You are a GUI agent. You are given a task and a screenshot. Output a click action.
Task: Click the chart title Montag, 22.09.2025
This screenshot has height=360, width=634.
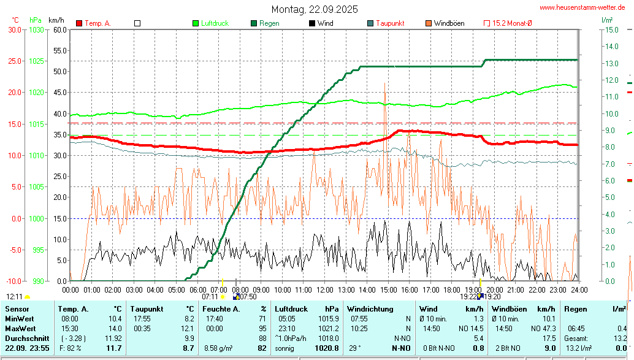pos(315,10)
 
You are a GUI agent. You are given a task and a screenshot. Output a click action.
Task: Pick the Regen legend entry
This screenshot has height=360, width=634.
pos(269,23)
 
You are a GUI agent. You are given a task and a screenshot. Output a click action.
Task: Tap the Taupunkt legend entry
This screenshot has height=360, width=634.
pos(389,23)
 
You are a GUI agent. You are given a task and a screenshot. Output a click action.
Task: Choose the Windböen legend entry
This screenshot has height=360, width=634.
pos(448,23)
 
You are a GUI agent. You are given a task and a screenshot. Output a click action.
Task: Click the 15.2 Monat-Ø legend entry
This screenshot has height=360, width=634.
pos(512,23)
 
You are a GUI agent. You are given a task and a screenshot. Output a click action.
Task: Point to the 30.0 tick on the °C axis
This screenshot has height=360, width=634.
pos(14,29)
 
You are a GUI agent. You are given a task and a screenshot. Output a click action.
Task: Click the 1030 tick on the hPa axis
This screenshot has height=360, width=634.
pos(36,29)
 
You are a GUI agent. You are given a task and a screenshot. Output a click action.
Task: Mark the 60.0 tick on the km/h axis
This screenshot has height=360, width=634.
pos(59,29)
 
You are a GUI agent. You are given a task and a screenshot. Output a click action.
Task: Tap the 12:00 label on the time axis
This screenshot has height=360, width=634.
pos(324,289)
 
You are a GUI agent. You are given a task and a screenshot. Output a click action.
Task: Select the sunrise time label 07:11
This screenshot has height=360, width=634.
pos(210,296)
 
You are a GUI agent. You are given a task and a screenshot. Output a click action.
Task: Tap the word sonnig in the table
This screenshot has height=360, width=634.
pos(285,348)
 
